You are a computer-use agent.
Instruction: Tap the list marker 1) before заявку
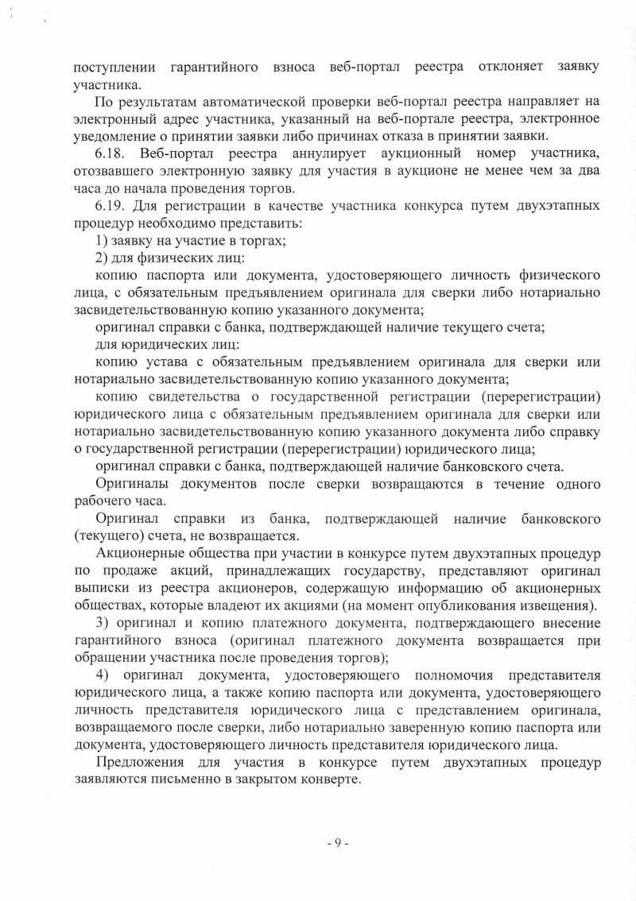coord(102,241)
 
